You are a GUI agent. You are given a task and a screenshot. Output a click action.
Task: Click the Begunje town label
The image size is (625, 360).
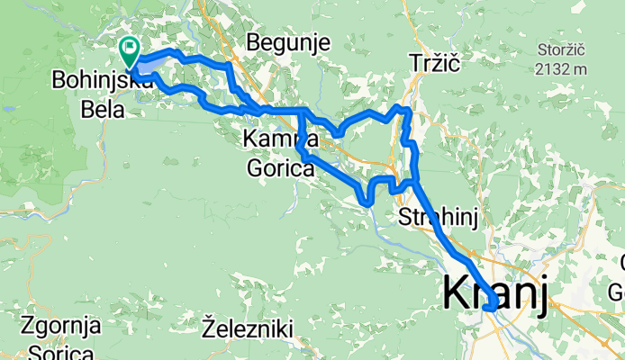(x=288, y=41)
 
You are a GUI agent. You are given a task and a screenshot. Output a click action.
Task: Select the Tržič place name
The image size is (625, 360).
(x=434, y=62)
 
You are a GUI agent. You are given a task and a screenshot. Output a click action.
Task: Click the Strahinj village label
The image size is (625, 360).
(x=436, y=217)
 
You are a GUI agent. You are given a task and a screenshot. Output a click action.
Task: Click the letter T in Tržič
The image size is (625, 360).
(x=413, y=62)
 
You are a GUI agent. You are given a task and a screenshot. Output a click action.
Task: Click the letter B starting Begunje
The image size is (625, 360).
(x=253, y=41)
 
